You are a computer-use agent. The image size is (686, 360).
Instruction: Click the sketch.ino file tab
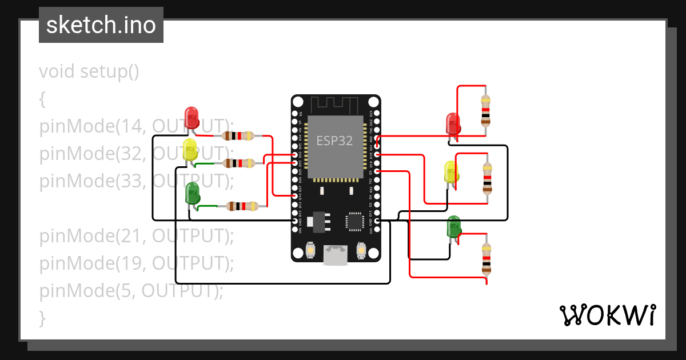point(101,25)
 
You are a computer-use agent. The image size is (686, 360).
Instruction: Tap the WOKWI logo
point(607,315)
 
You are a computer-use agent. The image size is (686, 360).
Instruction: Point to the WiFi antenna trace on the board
point(335,105)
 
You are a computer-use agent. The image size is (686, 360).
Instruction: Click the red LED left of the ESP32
point(192,117)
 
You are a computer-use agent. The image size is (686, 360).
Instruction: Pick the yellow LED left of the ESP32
point(190,150)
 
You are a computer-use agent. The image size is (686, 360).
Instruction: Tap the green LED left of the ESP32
point(192,193)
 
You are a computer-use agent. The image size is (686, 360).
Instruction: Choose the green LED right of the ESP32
point(453,226)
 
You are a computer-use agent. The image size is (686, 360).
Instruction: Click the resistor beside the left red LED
point(238,136)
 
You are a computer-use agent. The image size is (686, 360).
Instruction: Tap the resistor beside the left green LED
point(243,206)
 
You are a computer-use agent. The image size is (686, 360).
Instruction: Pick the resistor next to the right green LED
point(486,258)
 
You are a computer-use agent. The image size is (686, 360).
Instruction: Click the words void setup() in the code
point(89,72)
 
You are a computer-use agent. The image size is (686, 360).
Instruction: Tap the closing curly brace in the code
point(42,317)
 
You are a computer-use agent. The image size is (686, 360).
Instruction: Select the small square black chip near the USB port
point(354,222)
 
